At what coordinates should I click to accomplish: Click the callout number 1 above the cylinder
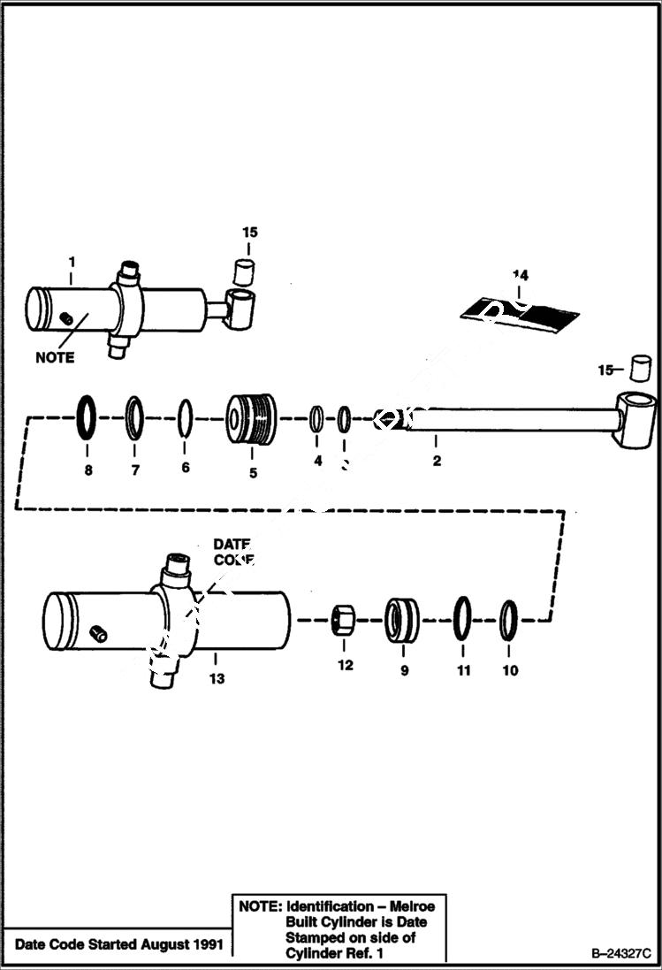click(x=72, y=263)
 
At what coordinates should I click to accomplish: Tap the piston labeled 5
click(x=251, y=418)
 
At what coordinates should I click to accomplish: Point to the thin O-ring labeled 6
click(x=185, y=417)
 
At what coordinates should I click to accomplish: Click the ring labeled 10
click(x=508, y=619)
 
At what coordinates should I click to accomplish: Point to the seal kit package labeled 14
click(x=520, y=311)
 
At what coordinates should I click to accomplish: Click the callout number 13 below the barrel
click(x=217, y=679)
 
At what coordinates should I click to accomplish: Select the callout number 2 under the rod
click(x=437, y=461)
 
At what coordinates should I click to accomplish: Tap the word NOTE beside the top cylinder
click(x=55, y=357)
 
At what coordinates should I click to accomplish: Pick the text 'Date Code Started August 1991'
click(x=115, y=943)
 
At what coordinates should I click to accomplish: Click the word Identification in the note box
click(x=330, y=906)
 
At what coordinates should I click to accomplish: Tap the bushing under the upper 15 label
click(x=245, y=271)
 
